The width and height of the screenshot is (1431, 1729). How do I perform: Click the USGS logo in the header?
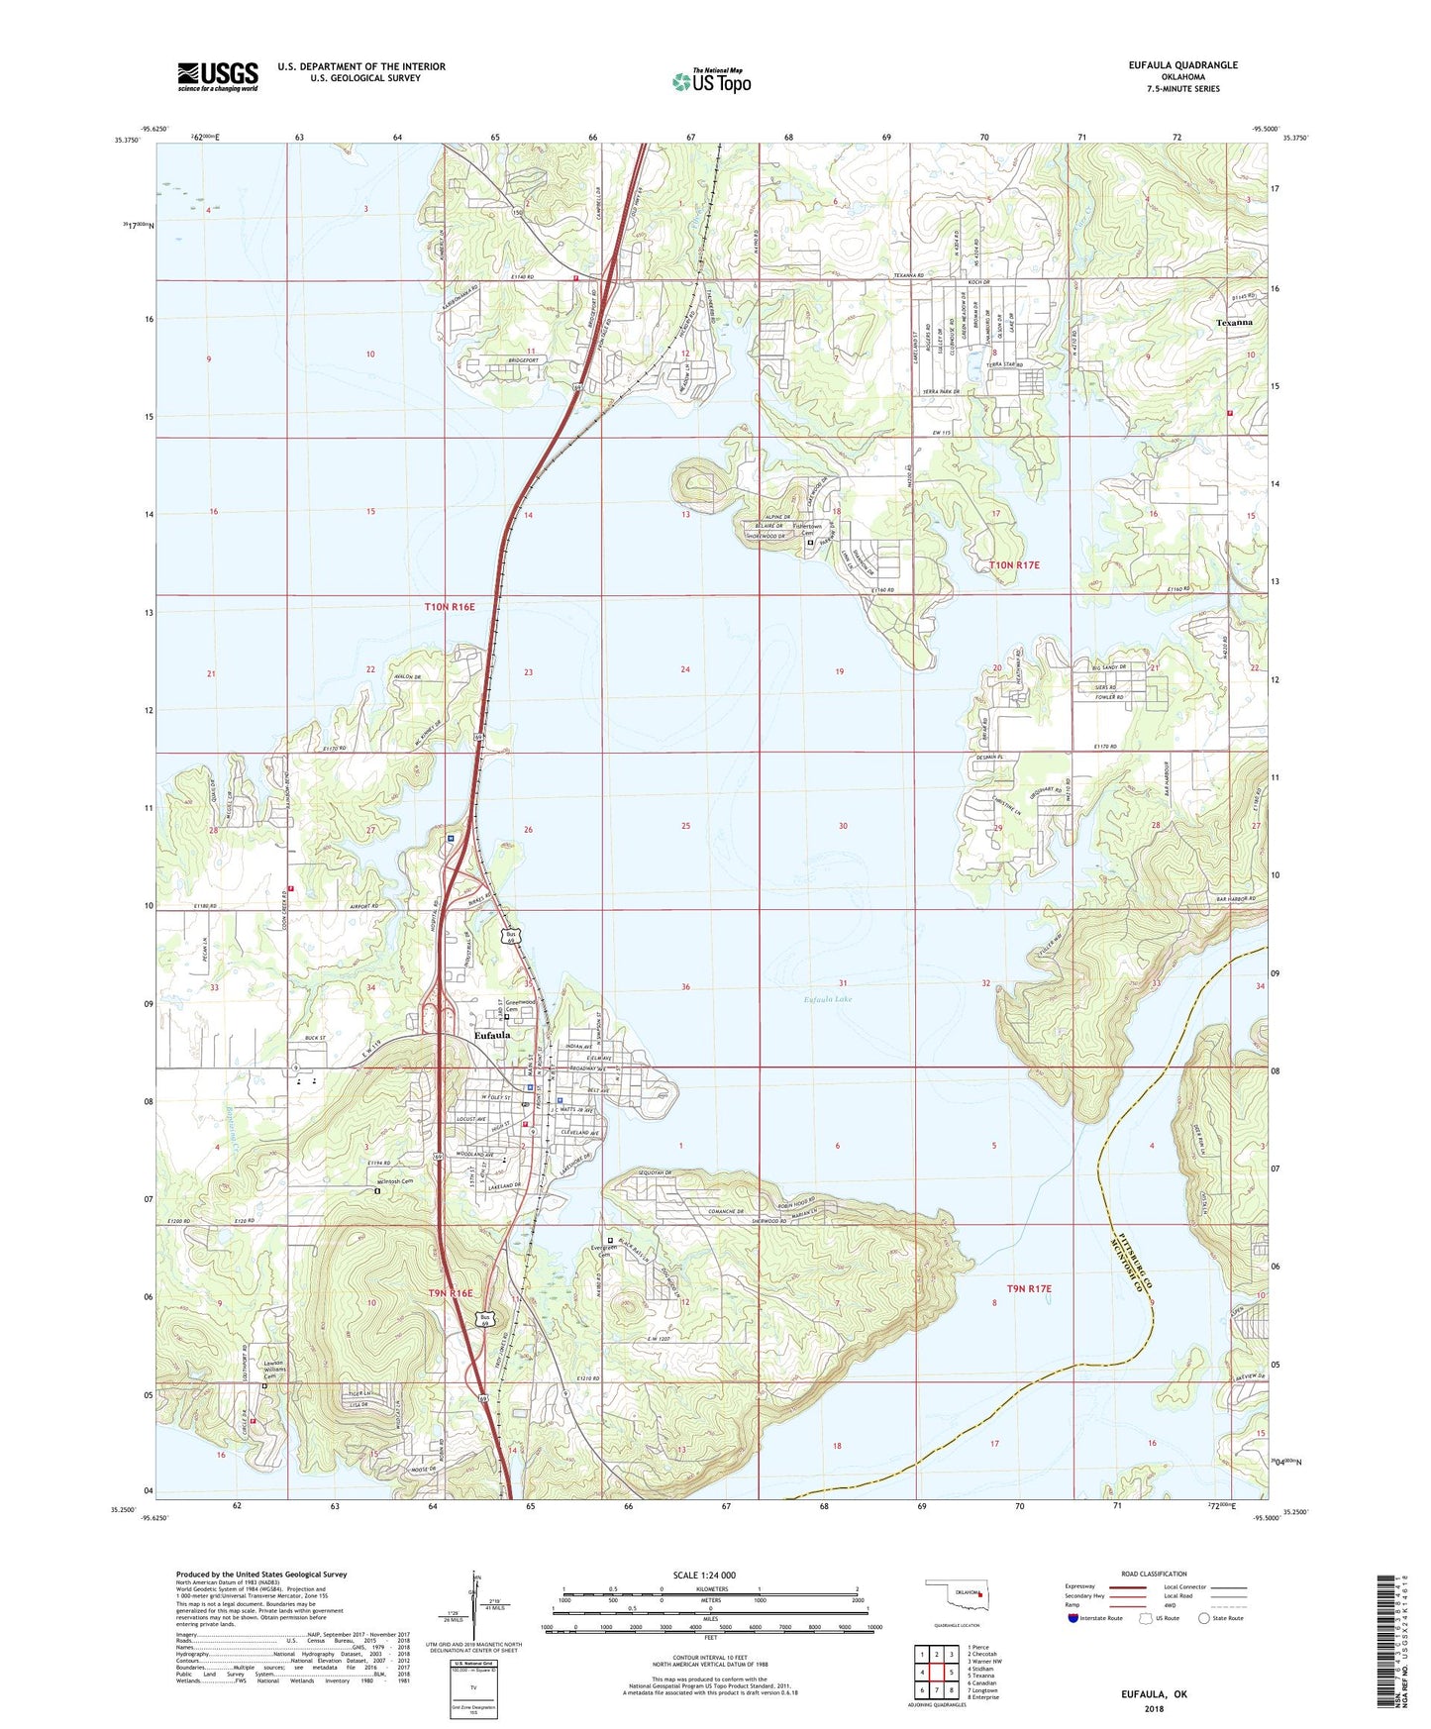[217, 75]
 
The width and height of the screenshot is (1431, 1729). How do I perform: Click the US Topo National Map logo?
[710, 80]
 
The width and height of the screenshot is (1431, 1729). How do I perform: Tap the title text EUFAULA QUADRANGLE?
[1182, 65]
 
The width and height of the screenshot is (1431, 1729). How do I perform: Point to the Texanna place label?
[1235, 323]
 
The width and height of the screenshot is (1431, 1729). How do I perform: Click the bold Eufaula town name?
[492, 1035]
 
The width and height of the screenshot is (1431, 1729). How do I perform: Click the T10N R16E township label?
[451, 605]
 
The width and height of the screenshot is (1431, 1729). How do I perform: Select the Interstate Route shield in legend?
[1073, 1618]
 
